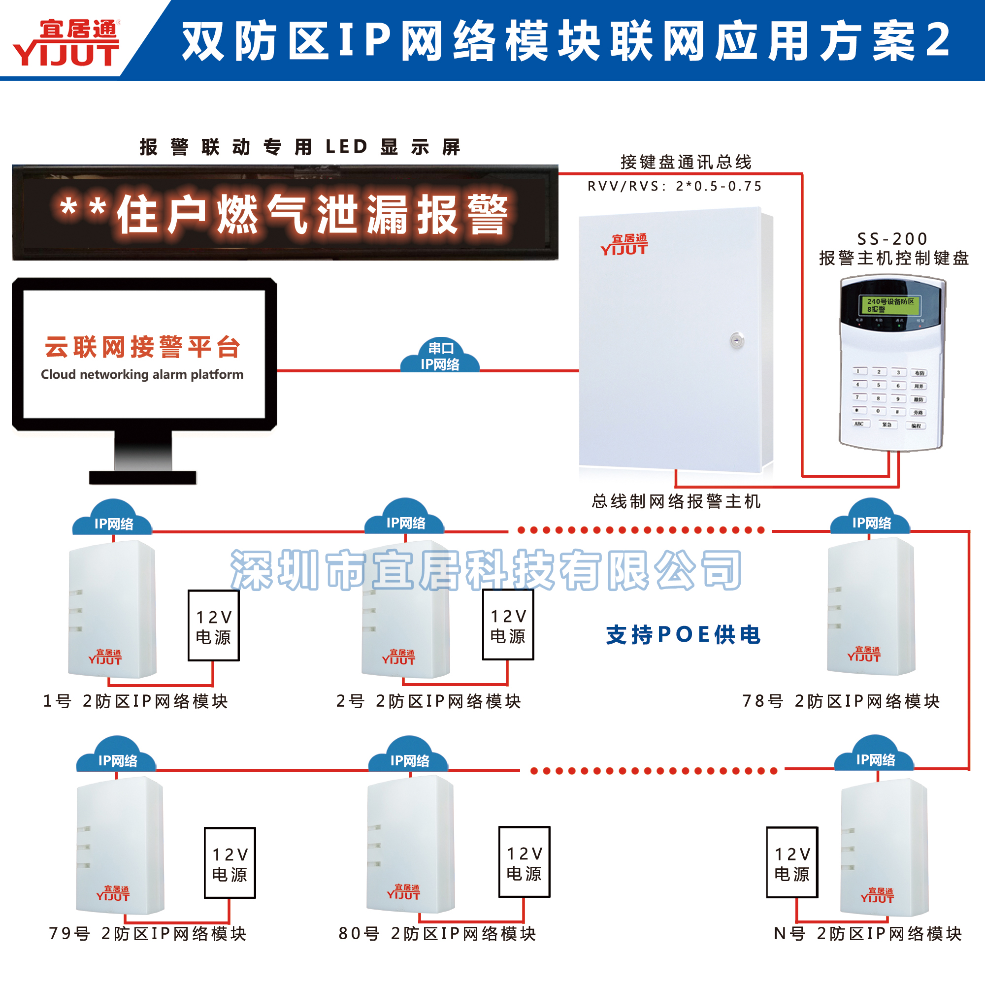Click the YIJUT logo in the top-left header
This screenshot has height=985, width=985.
66,43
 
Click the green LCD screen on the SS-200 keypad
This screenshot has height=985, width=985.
889,305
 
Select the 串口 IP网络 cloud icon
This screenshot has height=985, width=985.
440,356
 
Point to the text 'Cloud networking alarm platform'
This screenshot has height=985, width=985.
142,374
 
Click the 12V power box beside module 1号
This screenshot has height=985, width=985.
214,625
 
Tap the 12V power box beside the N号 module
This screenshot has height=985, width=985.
792,863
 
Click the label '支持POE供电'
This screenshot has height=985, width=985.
683,635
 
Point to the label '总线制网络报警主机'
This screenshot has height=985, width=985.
676,502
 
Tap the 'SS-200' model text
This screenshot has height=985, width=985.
892,238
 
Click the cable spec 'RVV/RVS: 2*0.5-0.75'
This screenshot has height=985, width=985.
675,186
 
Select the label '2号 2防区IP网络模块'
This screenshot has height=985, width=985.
429,701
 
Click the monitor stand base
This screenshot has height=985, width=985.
143,477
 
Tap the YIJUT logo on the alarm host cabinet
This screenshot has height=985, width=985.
624,245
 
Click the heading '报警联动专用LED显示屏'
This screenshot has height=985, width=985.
300,147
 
